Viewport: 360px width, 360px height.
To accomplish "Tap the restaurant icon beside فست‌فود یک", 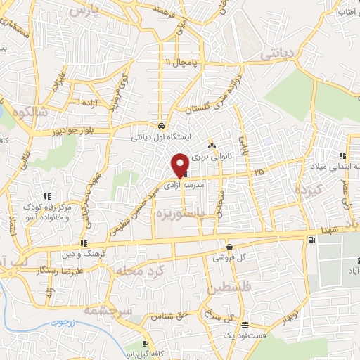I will (243, 326).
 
